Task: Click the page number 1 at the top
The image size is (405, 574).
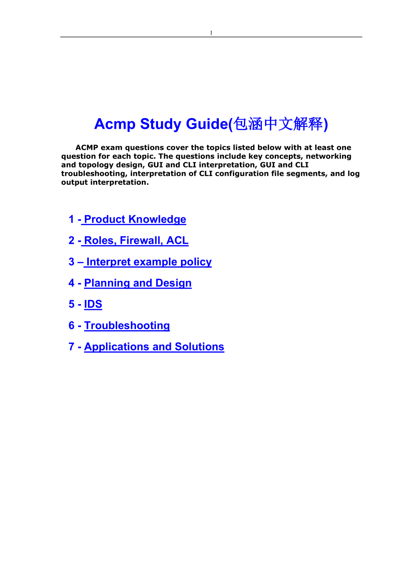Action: coord(211,33)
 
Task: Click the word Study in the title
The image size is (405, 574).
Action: coord(161,124)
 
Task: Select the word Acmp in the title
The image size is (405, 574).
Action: coord(115,124)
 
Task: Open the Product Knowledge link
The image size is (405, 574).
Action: coord(135,220)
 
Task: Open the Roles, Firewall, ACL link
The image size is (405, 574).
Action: coord(136,241)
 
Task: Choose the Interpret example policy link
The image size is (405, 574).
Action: coord(149,262)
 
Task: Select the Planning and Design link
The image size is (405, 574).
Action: coord(138,283)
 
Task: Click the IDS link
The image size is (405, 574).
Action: coord(93,304)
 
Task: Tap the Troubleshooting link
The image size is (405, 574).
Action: coord(127,325)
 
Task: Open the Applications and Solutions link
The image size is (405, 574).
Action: coord(154,347)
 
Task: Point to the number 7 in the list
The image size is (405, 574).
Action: coord(71,347)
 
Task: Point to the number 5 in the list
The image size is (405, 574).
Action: coord(71,304)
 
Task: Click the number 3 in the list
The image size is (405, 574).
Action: coord(71,262)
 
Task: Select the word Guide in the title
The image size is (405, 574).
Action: coord(206,124)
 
